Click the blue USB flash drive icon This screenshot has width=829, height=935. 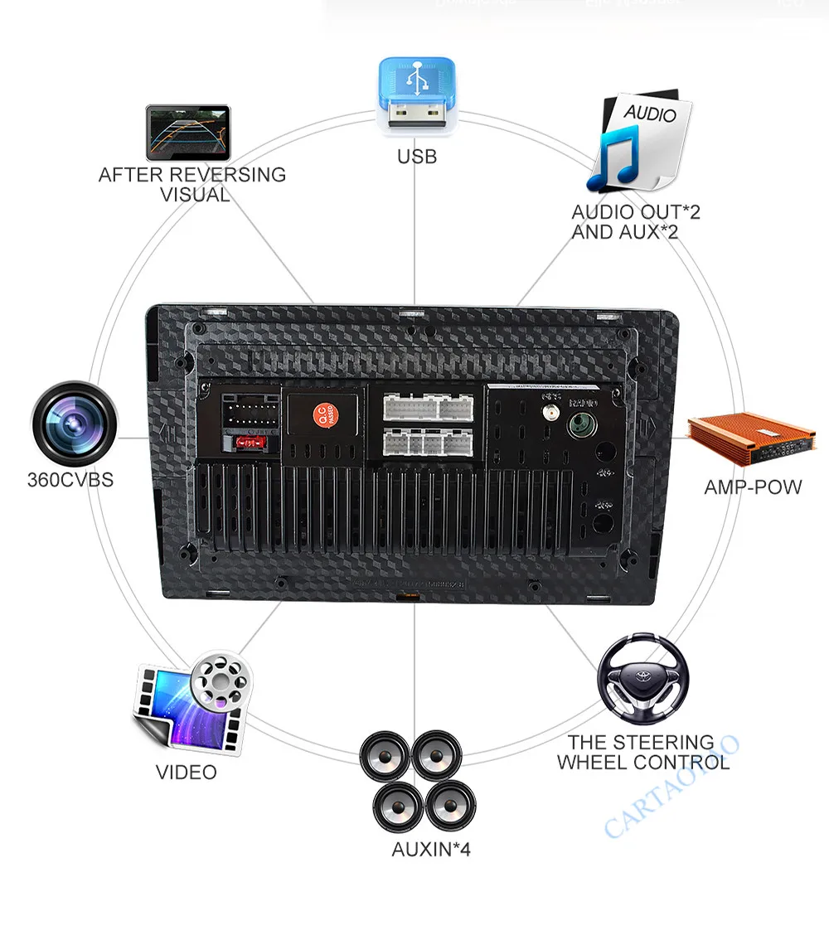tap(417, 94)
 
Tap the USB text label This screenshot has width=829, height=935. tap(417, 156)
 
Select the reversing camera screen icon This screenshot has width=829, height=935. tap(188, 132)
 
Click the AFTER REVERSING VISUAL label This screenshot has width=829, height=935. tap(192, 185)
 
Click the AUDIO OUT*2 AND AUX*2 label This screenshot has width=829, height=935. tap(635, 221)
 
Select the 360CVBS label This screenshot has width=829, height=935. tap(70, 480)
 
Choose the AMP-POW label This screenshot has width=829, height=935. tap(753, 487)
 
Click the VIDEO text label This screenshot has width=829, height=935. tap(187, 773)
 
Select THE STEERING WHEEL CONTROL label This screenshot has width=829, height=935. tap(642, 752)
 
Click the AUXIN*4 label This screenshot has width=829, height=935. tap(431, 850)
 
